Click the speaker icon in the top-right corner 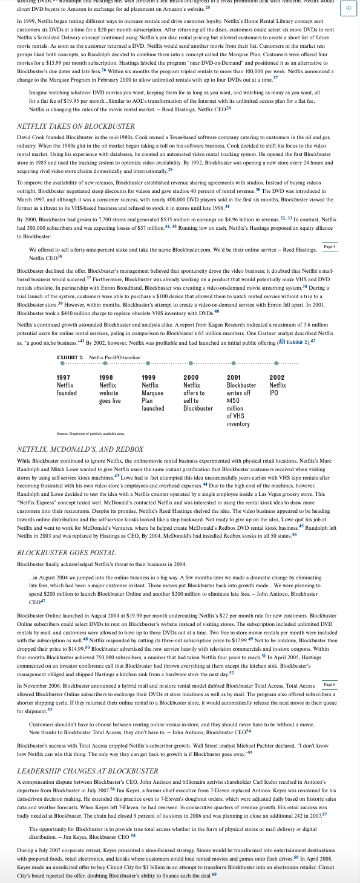click(x=349, y=8)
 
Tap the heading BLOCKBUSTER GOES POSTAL click(x=67, y=553)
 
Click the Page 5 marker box click(x=329, y=247)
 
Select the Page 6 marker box click(x=329, y=684)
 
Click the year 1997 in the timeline click(x=64, y=377)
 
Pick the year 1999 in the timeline click(x=149, y=377)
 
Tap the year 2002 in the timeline click(x=277, y=377)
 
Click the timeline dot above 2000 click(x=191, y=364)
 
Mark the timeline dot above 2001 click(x=233, y=364)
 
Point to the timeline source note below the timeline click(x=90, y=434)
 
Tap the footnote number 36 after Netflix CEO click(x=59, y=256)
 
